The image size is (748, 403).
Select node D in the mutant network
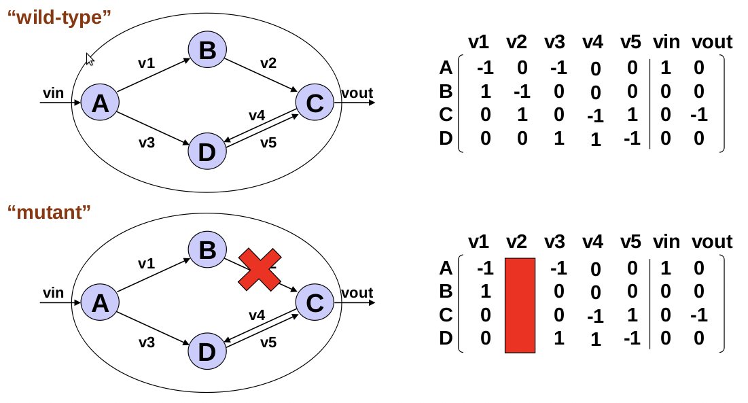[x=207, y=351]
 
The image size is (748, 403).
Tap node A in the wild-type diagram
[x=100, y=104]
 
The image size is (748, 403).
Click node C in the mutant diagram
[x=315, y=302]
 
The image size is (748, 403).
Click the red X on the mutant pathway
[x=258, y=270]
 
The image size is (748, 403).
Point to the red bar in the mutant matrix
[x=520, y=305]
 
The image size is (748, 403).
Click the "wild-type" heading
[x=59, y=17]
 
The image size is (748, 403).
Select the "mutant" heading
[x=49, y=212]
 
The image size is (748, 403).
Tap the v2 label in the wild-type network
[x=268, y=63]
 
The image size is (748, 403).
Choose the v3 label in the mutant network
[x=146, y=343]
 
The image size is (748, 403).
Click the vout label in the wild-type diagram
[x=357, y=94]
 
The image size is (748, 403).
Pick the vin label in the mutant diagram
[x=53, y=293]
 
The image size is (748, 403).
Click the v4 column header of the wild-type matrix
[x=592, y=43]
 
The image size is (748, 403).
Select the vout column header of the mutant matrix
[x=712, y=242]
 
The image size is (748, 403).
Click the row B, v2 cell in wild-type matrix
[x=521, y=91]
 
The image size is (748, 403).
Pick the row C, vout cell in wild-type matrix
[x=698, y=115]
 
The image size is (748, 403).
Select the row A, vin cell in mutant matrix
[x=665, y=268]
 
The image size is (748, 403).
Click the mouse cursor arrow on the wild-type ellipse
[x=90, y=59]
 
